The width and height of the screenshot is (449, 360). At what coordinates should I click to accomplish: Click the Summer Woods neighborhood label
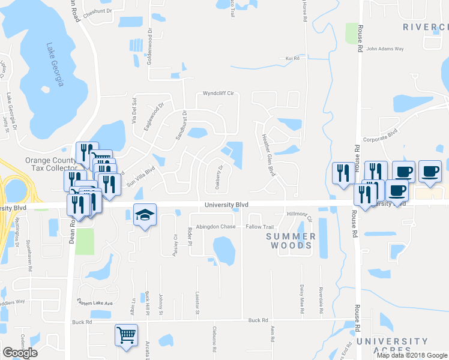[291, 241]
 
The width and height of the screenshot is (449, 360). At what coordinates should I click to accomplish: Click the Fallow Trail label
[259, 227]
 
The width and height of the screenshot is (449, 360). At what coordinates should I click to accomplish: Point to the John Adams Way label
[385, 49]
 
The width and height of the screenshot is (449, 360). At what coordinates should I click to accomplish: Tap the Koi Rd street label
[292, 58]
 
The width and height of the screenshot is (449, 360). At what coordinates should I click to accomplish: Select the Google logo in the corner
[20, 353]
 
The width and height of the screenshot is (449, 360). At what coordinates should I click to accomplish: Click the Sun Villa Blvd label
[140, 178]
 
